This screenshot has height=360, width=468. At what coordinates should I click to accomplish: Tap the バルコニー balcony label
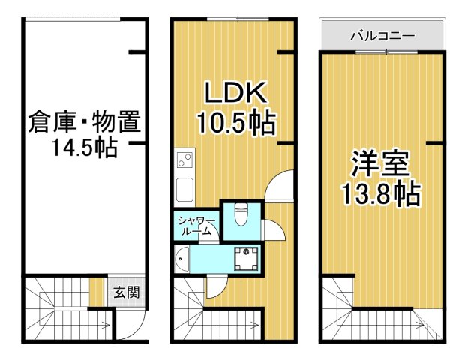(382, 35)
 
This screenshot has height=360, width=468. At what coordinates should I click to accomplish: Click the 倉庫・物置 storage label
(85, 121)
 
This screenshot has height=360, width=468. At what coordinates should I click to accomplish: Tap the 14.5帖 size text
(84, 147)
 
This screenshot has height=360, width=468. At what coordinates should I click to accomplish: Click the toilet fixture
(241, 215)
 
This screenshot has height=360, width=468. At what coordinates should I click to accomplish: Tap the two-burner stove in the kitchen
(184, 160)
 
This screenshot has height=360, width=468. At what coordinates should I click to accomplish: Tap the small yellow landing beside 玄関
(94, 292)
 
